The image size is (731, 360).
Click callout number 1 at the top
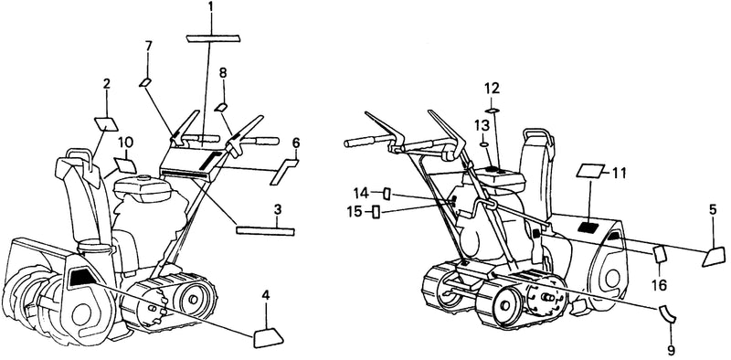pyautogui.click(x=210, y=7)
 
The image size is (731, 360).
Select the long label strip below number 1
pyautogui.click(x=213, y=38)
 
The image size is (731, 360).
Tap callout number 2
pyautogui.click(x=107, y=84)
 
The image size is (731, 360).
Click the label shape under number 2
pyautogui.click(x=106, y=124)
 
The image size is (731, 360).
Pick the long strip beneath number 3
pyautogui.click(x=266, y=231)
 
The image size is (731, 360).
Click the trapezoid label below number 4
pyautogui.click(x=269, y=338)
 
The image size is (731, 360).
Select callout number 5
pyautogui.click(x=714, y=210)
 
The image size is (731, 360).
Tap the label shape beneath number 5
pyautogui.click(x=714, y=258)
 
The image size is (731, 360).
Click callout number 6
pyautogui.click(x=296, y=143)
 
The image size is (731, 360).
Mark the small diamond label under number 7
pyautogui.click(x=145, y=82)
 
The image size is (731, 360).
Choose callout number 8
pyautogui.click(x=223, y=73)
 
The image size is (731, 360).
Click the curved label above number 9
pyautogui.click(x=668, y=313)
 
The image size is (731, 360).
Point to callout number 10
pyautogui.click(x=125, y=142)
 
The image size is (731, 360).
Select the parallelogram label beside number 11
pyautogui.click(x=590, y=171)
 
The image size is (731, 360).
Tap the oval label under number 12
pyautogui.click(x=493, y=111)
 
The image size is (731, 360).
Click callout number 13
pyautogui.click(x=482, y=126)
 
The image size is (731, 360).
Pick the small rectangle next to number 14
pyautogui.click(x=387, y=193)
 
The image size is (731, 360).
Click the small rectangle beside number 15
pyautogui.click(x=376, y=213)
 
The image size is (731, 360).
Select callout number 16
pyautogui.click(x=660, y=284)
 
